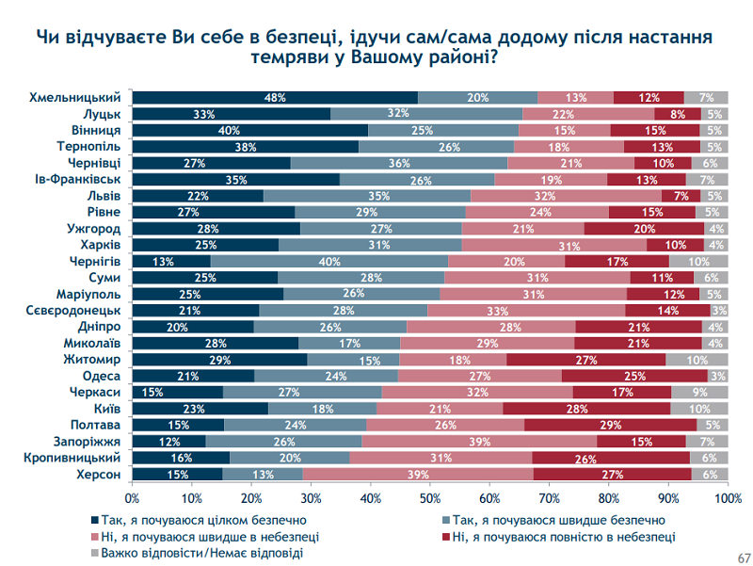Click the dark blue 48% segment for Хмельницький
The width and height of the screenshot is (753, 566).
click(x=275, y=98)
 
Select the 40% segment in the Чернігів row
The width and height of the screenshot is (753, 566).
click(x=329, y=260)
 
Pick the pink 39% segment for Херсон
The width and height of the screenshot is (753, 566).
click(x=418, y=475)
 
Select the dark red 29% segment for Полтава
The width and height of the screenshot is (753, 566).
click(x=611, y=426)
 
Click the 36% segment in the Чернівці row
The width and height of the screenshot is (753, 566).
click(x=399, y=163)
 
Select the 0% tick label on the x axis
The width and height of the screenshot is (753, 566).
click(x=132, y=497)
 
